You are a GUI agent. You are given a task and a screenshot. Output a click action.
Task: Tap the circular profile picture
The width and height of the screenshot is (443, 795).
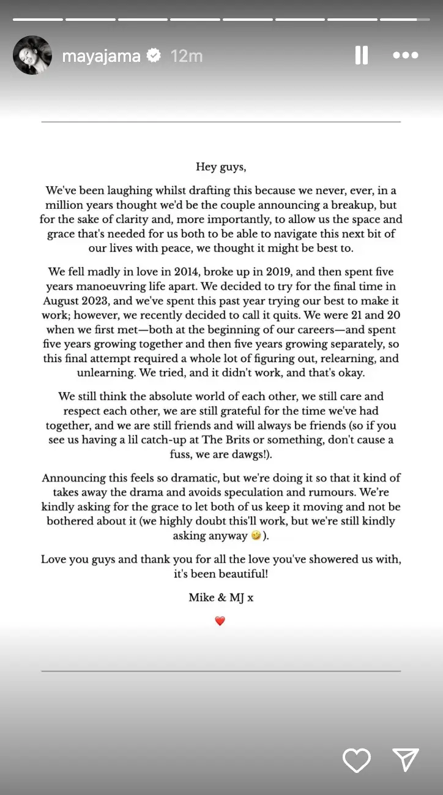(32, 55)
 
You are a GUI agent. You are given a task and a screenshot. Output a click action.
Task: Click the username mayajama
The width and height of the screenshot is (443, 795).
(102, 56)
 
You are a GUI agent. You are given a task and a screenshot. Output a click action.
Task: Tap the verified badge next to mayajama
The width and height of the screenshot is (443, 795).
(154, 56)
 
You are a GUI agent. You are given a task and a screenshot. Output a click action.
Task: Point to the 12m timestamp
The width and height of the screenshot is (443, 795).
(187, 56)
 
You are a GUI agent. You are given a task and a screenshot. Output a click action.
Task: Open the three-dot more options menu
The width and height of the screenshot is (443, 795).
(405, 56)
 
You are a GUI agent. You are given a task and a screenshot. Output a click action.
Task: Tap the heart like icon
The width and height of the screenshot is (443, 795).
(356, 760)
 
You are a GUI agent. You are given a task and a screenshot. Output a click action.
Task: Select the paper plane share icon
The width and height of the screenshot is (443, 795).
(405, 759)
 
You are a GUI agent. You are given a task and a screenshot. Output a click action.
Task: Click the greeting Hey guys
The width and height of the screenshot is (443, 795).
(221, 167)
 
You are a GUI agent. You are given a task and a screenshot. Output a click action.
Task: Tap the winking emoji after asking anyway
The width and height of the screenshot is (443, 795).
(256, 535)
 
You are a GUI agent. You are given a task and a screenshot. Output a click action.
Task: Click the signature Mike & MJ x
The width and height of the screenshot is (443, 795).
(221, 598)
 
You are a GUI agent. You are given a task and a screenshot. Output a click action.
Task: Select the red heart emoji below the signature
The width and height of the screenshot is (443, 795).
(220, 621)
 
